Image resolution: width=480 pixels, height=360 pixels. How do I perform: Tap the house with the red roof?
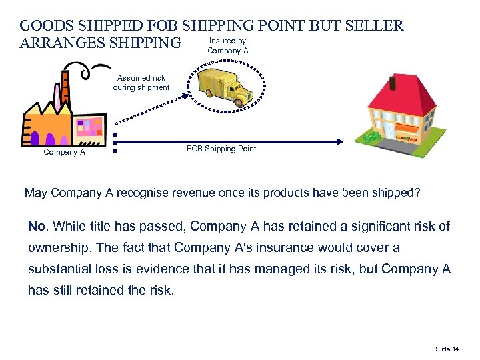coord(397,109)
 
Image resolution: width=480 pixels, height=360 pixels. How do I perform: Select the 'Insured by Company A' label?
coord(228,46)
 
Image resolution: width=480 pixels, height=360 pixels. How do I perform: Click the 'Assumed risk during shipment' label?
coord(141,83)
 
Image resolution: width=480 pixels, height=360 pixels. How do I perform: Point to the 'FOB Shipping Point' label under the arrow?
coord(221,149)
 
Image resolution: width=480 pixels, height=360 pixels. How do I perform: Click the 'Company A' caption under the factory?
coord(64,152)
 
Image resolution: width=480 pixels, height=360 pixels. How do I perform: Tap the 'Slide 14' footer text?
coord(447,349)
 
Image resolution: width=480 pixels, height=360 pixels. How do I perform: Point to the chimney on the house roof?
coord(391,83)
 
